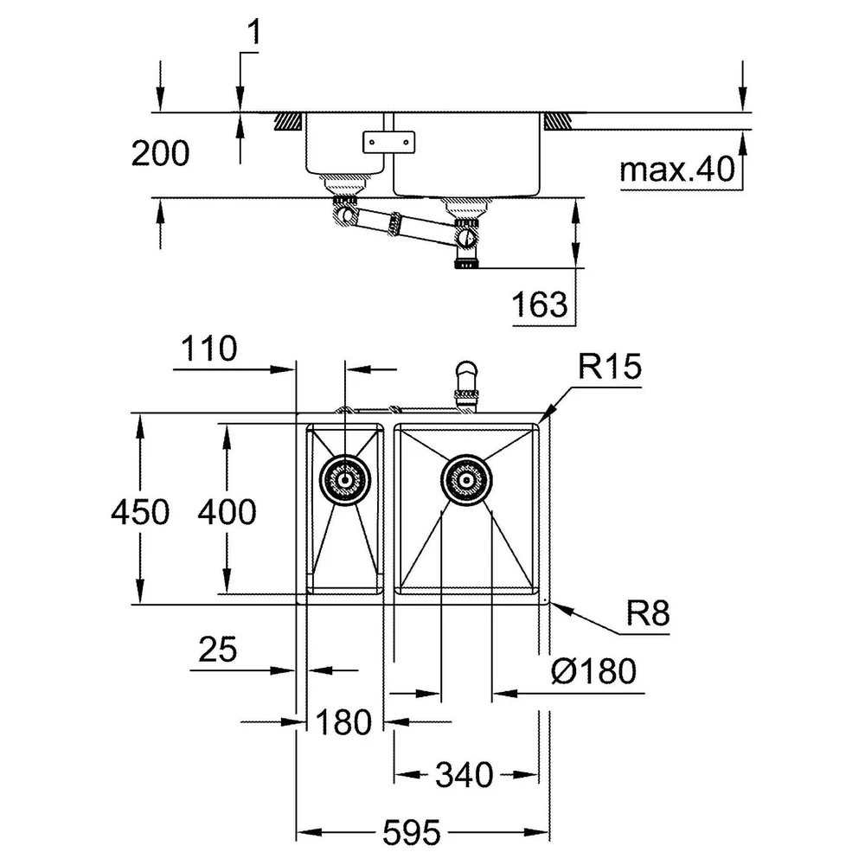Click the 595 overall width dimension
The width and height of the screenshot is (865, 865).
click(412, 832)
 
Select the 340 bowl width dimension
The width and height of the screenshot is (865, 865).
click(464, 774)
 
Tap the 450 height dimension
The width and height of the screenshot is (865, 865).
click(140, 511)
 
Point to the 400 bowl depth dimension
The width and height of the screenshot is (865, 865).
click(227, 511)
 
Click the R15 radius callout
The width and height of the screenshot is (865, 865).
click(610, 366)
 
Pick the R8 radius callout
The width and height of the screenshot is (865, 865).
click(648, 612)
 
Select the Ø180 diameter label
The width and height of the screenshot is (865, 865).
click(593, 671)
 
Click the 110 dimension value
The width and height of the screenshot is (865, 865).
click(208, 349)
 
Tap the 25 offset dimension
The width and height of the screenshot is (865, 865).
click(217, 649)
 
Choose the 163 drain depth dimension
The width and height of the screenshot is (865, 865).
click(539, 304)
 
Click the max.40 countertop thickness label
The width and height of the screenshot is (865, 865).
click(677, 169)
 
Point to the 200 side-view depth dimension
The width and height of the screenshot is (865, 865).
click(160, 153)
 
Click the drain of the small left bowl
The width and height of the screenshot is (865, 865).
click(345, 479)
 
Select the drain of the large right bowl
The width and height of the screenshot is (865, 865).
click(467, 479)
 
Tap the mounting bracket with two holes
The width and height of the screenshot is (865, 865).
click(388, 142)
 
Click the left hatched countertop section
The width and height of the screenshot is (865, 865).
click(288, 121)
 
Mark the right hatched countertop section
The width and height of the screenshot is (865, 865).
click(558, 121)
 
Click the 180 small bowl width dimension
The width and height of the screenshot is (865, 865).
click(343, 721)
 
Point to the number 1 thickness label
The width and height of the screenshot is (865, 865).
click(253, 32)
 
